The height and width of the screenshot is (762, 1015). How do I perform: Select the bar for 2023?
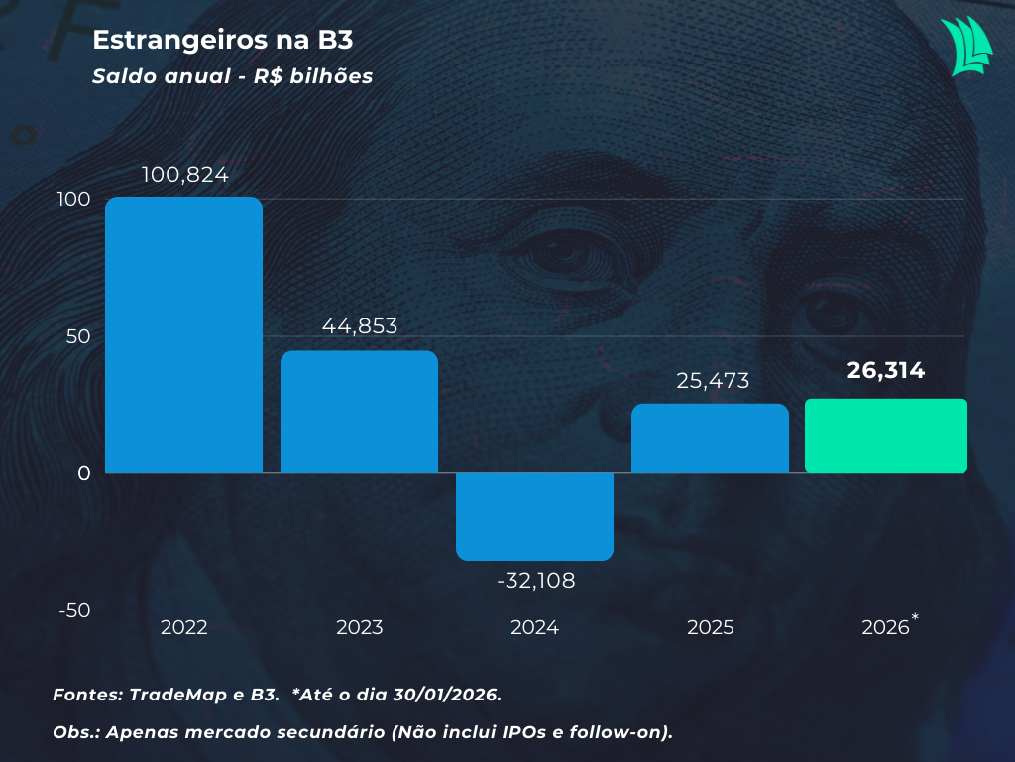[x=359, y=412]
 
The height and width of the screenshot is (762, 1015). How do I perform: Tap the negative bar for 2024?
[x=534, y=516]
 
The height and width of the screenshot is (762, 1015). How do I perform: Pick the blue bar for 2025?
[x=710, y=439]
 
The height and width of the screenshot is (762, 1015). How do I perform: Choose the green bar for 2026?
[x=885, y=437]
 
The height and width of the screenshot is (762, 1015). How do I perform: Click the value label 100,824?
[x=185, y=175]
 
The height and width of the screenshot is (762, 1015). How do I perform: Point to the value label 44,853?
[x=360, y=326]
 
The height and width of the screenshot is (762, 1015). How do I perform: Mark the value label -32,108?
[x=535, y=580]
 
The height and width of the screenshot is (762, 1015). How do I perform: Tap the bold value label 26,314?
[x=885, y=371]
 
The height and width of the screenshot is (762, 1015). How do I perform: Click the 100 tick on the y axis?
[x=74, y=199]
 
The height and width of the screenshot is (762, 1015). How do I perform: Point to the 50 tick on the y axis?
[x=78, y=336]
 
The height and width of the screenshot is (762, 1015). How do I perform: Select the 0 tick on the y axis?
[x=84, y=473]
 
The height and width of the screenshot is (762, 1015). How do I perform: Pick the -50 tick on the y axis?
[x=74, y=610]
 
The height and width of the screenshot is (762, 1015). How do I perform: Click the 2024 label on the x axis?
[x=534, y=628]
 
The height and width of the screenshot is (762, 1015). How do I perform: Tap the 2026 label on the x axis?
[x=885, y=628]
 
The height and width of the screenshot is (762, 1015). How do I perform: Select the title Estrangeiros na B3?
[x=223, y=40]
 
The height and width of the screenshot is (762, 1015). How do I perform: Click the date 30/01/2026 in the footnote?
[x=442, y=695]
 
